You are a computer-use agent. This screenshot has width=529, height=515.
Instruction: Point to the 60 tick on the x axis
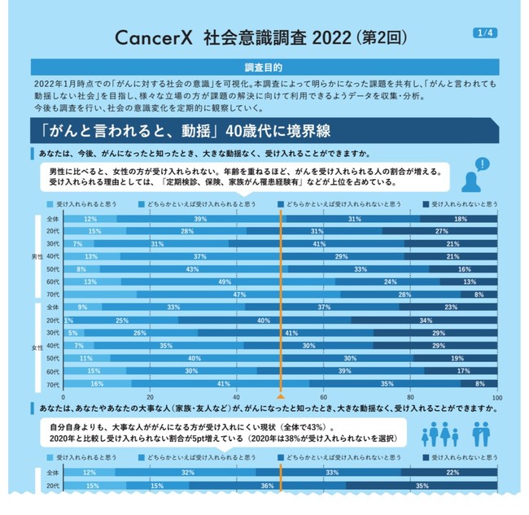click(324, 397)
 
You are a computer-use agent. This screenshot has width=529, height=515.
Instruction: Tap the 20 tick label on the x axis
click(150, 397)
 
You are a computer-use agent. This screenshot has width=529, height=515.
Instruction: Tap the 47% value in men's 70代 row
click(239, 294)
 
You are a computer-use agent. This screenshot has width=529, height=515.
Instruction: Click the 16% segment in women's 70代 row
click(97, 383)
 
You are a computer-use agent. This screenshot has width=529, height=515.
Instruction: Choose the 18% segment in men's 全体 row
click(461, 219)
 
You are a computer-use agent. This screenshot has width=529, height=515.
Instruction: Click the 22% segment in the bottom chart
click(451, 473)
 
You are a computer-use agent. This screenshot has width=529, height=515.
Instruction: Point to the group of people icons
click(455, 435)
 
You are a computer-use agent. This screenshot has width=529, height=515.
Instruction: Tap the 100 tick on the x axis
click(496, 397)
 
